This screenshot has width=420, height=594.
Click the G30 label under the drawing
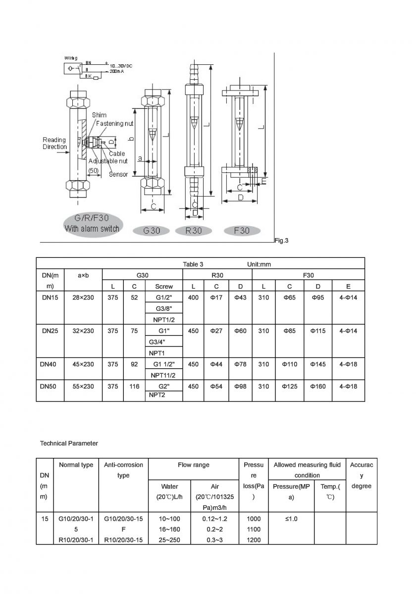click(x=152, y=231)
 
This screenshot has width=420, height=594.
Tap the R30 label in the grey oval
click(x=194, y=231)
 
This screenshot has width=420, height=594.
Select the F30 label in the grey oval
click(x=242, y=231)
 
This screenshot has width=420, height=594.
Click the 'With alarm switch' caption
click(x=92, y=228)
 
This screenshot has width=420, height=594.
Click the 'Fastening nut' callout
click(x=114, y=123)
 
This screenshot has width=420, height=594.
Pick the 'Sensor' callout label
click(x=118, y=174)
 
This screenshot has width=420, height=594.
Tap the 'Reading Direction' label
click(x=54, y=144)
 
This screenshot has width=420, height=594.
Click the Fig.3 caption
click(x=281, y=241)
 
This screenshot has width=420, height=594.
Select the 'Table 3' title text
click(x=193, y=264)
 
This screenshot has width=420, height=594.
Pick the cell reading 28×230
click(x=83, y=297)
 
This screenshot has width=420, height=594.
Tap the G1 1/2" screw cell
click(x=164, y=364)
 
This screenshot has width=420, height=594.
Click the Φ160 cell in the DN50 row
click(x=317, y=386)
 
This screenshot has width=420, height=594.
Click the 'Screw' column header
click(x=164, y=286)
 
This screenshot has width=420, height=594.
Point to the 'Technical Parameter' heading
click(x=69, y=444)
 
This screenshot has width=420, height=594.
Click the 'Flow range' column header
click(x=193, y=465)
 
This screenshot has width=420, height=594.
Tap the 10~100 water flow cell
click(x=169, y=519)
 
